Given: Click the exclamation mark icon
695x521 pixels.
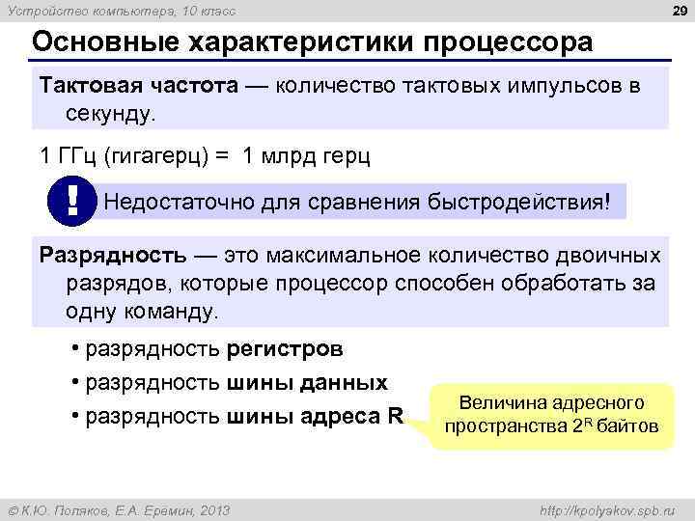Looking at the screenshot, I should click(73, 203).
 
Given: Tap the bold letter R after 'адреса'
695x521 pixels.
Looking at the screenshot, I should click(396, 417).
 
